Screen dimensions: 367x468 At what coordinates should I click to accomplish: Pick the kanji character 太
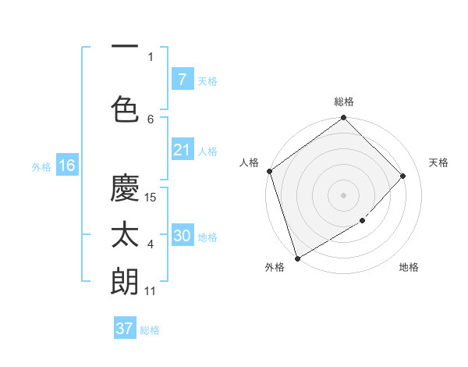[x=125, y=236]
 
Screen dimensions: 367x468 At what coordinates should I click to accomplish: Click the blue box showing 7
[x=182, y=79]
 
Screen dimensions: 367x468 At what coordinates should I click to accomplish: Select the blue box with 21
[x=182, y=150]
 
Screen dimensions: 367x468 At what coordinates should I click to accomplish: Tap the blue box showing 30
[x=182, y=236]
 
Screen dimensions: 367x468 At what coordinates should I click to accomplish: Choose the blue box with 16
[x=66, y=166]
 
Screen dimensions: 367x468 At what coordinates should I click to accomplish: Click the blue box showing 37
[x=125, y=329]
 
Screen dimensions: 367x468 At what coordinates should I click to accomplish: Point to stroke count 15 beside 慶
[x=151, y=197]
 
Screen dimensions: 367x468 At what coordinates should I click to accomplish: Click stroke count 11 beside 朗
[x=151, y=291]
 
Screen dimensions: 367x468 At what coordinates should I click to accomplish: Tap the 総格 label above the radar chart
[x=344, y=102]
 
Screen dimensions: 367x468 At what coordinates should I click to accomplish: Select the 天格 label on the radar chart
[x=438, y=162]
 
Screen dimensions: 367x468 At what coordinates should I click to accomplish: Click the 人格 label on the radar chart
[x=250, y=162]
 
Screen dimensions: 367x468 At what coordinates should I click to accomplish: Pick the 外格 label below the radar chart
[x=275, y=268]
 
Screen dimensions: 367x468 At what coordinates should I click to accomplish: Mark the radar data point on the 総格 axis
[x=343, y=119]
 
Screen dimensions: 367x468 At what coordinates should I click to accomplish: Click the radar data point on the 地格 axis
[x=363, y=221]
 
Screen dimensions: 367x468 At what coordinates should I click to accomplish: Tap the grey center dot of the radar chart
[x=343, y=194]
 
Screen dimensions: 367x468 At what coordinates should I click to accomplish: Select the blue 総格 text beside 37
[x=150, y=330]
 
